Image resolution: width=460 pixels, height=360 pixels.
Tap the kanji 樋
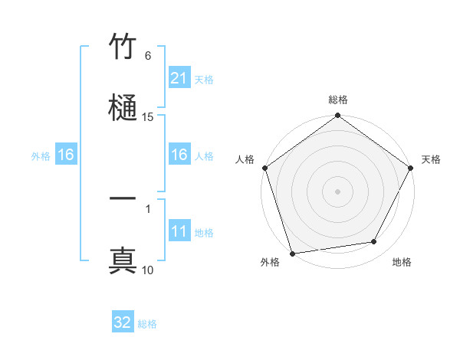[x=123, y=106]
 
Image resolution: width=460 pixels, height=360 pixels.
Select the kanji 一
[x=123, y=199]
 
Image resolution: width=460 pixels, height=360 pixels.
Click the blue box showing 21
[x=179, y=78]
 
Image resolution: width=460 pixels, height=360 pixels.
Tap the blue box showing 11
[x=179, y=232]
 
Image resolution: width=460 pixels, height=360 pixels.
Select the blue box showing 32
[x=123, y=322]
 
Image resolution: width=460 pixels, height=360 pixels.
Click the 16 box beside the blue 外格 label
[x=66, y=155]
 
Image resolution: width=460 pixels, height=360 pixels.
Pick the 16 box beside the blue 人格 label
[x=179, y=155]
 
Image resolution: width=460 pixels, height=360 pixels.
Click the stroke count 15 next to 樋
[x=148, y=117]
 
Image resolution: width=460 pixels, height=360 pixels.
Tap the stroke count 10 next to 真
[x=148, y=270]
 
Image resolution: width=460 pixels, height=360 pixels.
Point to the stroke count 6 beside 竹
[x=148, y=56]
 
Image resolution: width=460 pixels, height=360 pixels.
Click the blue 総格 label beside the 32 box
[x=148, y=324]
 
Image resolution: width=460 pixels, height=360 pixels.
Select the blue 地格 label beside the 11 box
[x=204, y=233]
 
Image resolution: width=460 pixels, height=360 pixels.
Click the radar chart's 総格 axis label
[x=338, y=100]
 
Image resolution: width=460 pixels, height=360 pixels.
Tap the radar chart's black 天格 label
[x=431, y=159]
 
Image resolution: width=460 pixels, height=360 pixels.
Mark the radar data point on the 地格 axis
[x=374, y=242]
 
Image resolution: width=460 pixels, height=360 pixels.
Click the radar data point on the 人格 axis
[x=264, y=168]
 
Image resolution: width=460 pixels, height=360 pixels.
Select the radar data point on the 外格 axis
[x=292, y=254]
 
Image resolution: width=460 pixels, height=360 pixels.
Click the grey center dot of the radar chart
[x=338, y=191]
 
